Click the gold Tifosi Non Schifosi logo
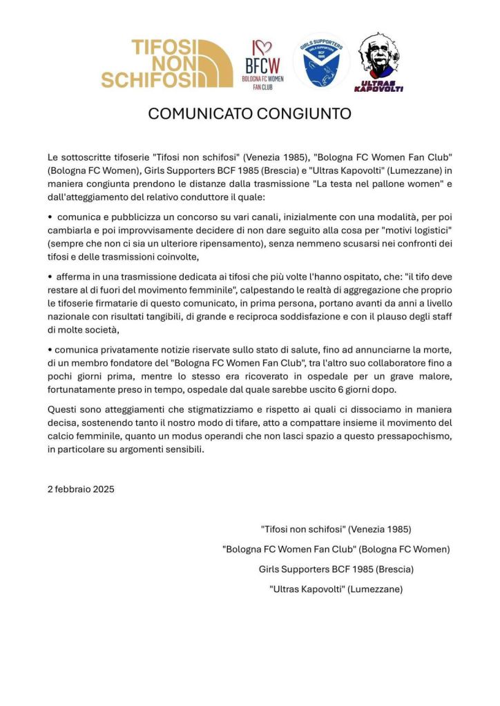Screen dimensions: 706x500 (166, 63)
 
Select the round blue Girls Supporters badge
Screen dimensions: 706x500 (320, 61)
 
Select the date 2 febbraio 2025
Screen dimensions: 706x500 (81, 489)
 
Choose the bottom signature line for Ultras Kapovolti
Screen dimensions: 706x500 (336, 589)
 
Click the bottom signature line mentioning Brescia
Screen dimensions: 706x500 (336, 569)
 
